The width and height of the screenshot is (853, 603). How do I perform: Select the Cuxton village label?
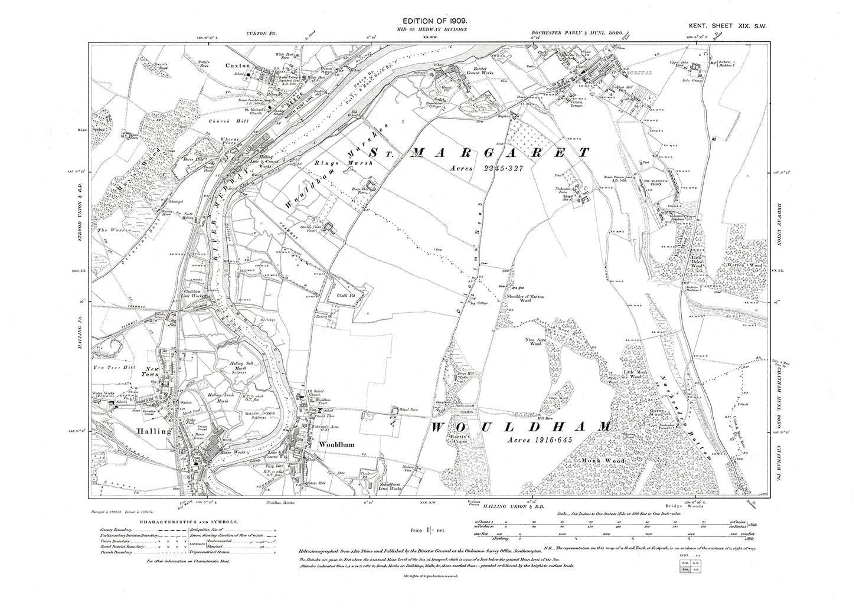tap(237, 65)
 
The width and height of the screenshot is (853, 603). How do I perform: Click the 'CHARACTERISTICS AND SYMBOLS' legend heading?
tap(189, 522)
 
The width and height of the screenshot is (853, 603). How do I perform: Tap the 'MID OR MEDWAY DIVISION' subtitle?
tap(427, 29)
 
